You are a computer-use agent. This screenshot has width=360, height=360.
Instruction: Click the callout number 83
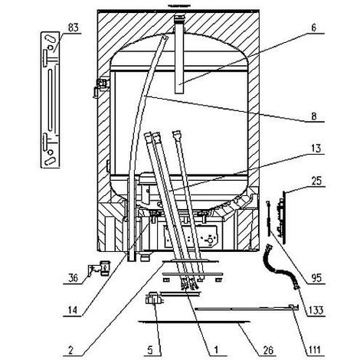pos(74,28)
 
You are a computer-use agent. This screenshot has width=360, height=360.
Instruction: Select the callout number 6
pos(314,28)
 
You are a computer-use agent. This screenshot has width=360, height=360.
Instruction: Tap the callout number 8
pos(314,116)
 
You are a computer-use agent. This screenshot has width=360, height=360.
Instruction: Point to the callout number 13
pos(316,149)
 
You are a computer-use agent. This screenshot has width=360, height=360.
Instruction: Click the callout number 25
pos(316,181)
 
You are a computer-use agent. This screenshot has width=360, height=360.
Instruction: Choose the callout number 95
pos(316,278)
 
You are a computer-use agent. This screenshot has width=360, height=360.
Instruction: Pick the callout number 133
pos(316,310)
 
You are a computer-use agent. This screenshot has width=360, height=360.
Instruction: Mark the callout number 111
pos(314,350)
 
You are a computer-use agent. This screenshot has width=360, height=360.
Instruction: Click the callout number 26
pos(268,350)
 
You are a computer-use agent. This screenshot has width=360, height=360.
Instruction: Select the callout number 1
pos(216,350)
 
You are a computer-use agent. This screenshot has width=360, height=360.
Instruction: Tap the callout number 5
pos(150,350)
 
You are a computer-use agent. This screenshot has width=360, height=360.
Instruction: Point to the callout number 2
pos(70,350)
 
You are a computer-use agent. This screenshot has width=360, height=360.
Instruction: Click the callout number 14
pos(73,310)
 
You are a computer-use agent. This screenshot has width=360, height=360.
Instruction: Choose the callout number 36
pos(74,278)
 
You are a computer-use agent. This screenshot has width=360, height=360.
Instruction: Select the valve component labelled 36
pos(100,268)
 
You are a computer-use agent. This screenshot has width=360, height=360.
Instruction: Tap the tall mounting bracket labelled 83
pos(51,100)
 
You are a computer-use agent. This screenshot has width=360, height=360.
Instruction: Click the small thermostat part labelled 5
pos(154,299)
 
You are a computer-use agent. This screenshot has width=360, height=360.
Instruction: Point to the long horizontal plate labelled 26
pos(194,322)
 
